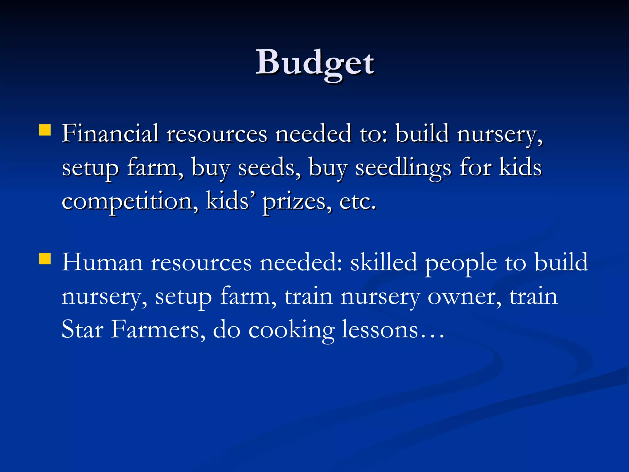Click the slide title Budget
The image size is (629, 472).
(315, 63)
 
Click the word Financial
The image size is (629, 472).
(110, 134)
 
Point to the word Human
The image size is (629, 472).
(102, 262)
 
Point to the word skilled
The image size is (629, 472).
(384, 262)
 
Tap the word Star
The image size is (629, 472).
(82, 329)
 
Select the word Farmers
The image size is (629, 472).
(158, 329)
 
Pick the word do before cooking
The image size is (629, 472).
(227, 329)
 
